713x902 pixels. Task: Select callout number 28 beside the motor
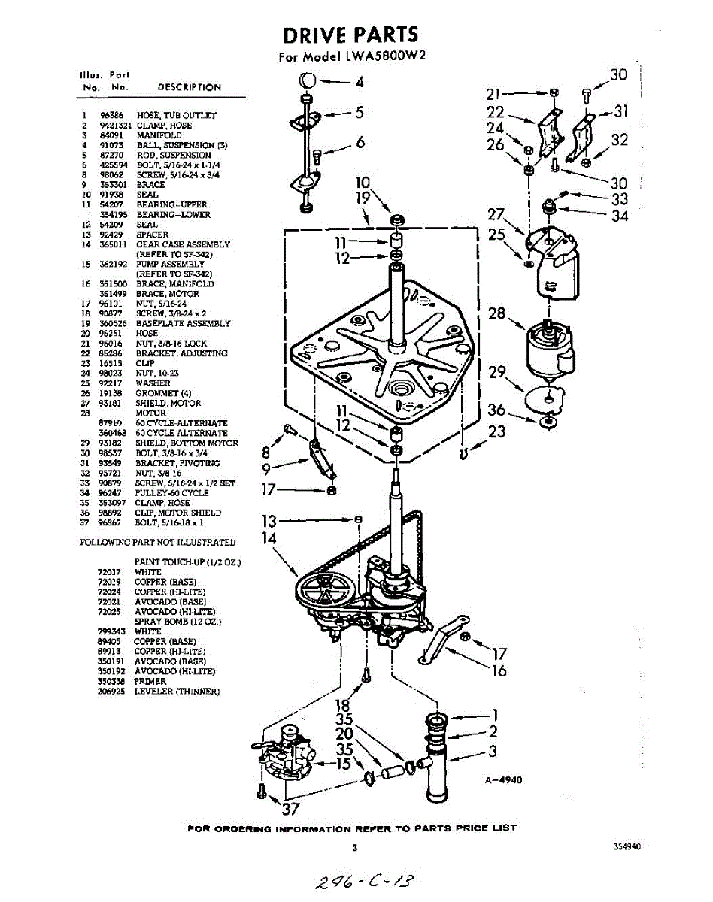pyautogui.click(x=497, y=313)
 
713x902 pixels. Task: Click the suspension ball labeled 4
pyautogui.click(x=307, y=80)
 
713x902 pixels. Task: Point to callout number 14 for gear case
pyautogui.click(x=269, y=538)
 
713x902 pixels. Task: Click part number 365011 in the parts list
pyautogui.click(x=111, y=244)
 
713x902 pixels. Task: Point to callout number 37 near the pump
pyautogui.click(x=290, y=810)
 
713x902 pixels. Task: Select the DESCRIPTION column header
pyautogui.click(x=190, y=87)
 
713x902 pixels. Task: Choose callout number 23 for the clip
pyautogui.click(x=497, y=431)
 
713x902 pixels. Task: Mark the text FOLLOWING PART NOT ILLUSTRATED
pyautogui.click(x=158, y=542)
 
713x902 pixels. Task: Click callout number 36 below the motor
pyautogui.click(x=496, y=410)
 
